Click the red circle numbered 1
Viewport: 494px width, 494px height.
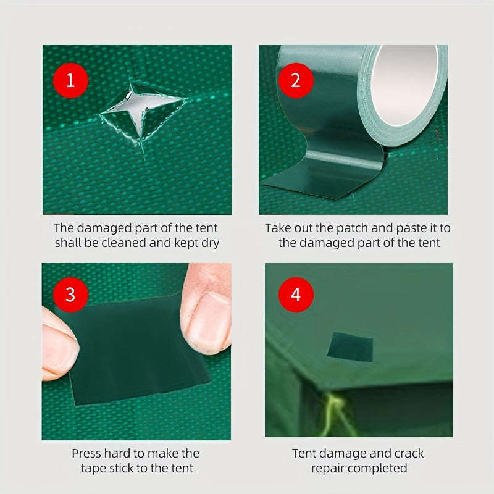(70, 81)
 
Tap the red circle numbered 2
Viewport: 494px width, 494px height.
(295, 81)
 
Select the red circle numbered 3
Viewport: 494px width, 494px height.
(70, 294)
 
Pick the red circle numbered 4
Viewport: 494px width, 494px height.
(295, 294)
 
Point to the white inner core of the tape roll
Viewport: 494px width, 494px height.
(404, 83)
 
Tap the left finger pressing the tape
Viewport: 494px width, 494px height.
(59, 343)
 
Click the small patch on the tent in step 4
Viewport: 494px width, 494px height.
(350, 346)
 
